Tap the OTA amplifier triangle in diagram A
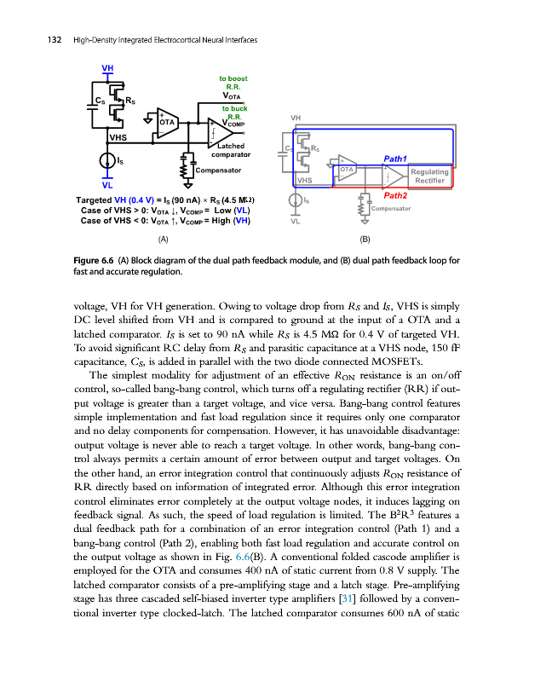coord(167,122)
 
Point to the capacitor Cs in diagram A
coord(95,101)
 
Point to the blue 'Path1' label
coord(396,159)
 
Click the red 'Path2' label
coord(396,196)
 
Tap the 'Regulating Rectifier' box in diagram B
coord(429,176)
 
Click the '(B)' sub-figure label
coord(365,240)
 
